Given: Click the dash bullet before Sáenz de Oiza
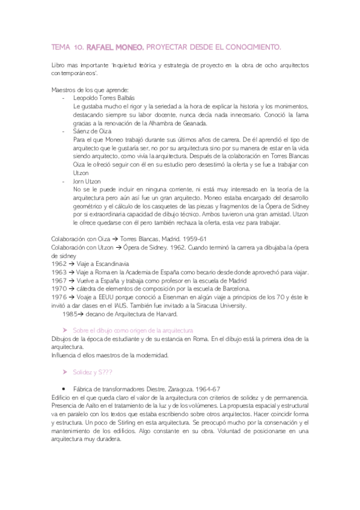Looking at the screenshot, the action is click(x=64, y=131).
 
